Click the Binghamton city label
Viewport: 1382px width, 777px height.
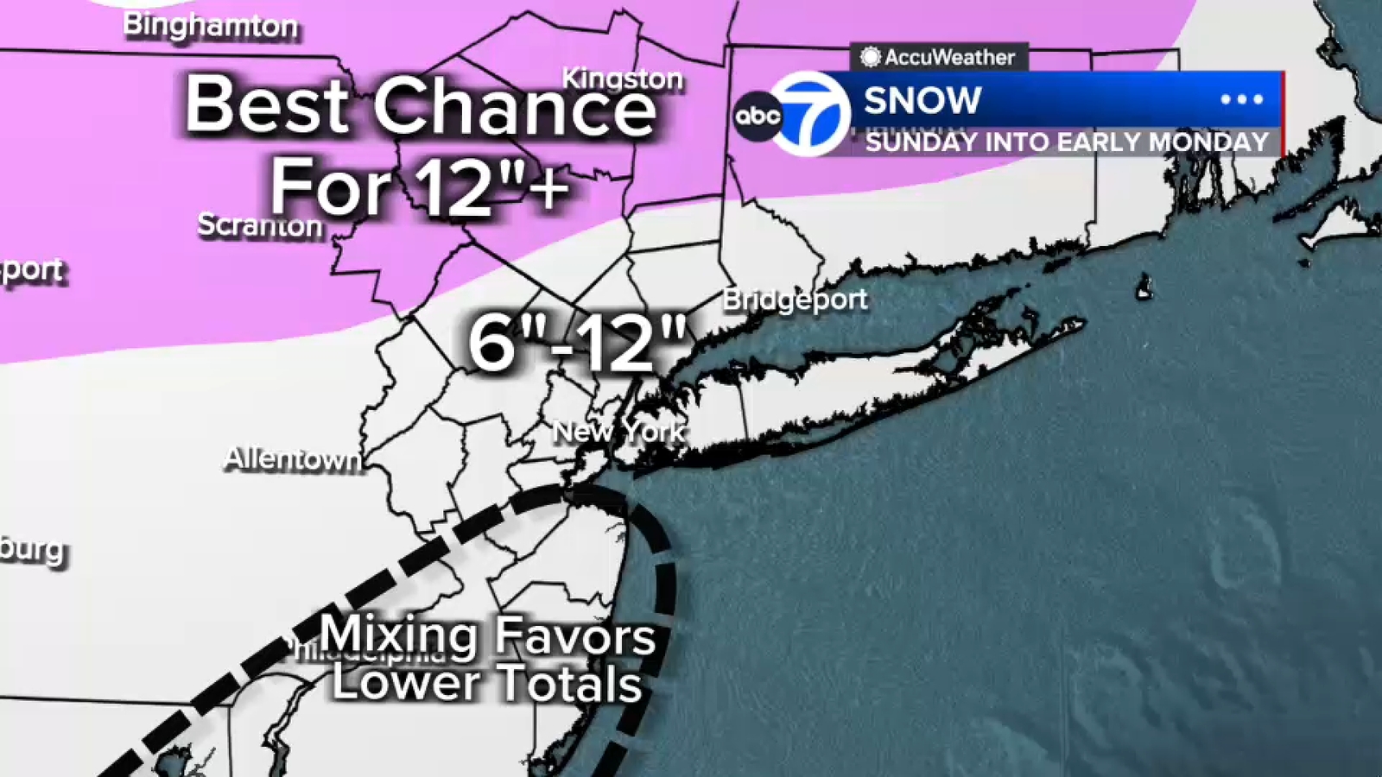(x=210, y=25)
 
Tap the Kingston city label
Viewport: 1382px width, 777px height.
(x=622, y=79)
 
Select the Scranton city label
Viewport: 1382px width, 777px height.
(x=259, y=225)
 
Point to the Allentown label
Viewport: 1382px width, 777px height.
(x=293, y=458)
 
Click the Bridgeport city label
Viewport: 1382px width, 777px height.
(x=795, y=300)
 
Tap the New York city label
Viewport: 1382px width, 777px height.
(x=618, y=431)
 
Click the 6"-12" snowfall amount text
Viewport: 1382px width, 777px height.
(x=577, y=344)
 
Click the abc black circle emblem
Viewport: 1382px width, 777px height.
(x=758, y=116)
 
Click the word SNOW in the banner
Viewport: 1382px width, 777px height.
(x=922, y=101)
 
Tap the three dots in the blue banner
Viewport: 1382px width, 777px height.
(x=1241, y=100)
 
